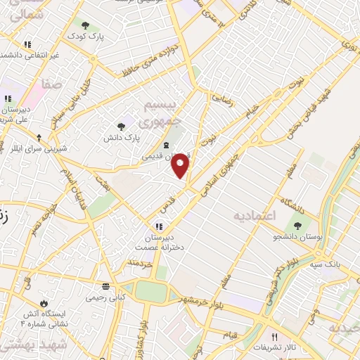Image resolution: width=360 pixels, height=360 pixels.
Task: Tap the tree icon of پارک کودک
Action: pyautogui.click(x=85, y=25)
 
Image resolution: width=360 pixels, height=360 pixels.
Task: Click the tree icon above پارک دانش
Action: pyautogui.click(x=122, y=127)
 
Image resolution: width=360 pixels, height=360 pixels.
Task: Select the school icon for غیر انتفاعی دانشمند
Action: pyautogui.click(x=27, y=44)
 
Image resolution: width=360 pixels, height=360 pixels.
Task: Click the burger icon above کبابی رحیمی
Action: pyautogui.click(x=105, y=286)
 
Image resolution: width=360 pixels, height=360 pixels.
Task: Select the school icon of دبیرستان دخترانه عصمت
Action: pyautogui.click(x=159, y=226)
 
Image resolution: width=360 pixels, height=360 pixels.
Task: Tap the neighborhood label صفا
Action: pyautogui.click(x=53, y=84)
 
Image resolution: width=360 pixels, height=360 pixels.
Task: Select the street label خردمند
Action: pyautogui.click(x=139, y=262)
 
